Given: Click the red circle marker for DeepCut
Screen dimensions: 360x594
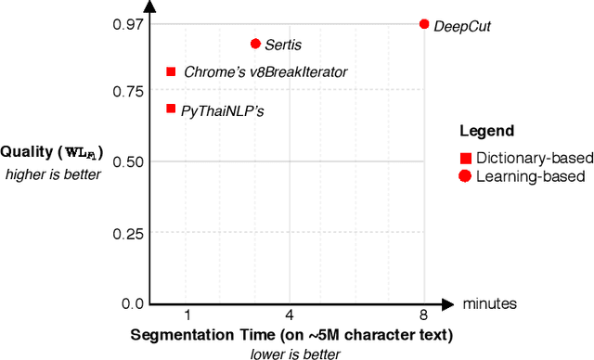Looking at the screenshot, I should pos(424,24).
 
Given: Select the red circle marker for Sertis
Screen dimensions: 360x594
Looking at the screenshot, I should pos(255,44).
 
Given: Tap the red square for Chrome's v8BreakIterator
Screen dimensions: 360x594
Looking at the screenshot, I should pos(171,71).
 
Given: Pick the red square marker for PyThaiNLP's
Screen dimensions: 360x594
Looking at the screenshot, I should pos(171,109).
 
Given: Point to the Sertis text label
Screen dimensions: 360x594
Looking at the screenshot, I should pos(283,45).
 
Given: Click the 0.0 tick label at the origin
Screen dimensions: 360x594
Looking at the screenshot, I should pos(133,303).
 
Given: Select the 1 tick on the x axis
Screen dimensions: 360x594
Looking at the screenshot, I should pos(188,317).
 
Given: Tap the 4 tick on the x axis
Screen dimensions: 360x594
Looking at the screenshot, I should pos(289,317).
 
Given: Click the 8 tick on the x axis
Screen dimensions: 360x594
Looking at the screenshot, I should pos(424,317).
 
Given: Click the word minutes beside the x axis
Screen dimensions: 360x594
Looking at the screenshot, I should pos(491,303).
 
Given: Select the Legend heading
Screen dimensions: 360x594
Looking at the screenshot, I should pos(487,131).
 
